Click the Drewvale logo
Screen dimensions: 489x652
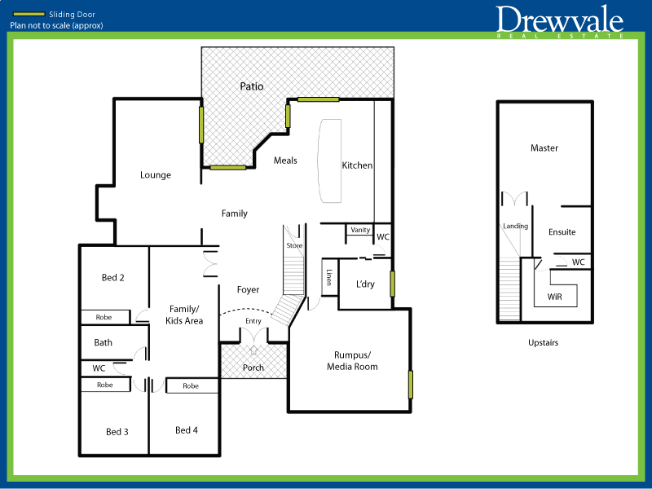(560, 20)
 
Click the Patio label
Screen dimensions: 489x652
(252, 86)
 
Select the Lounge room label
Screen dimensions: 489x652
(156, 174)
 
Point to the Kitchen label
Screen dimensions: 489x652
(357, 165)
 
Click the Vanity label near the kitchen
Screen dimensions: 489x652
(360, 230)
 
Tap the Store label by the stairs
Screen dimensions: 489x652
(294, 245)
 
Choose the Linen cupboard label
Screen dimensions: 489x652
(329, 277)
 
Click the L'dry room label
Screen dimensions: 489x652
(365, 284)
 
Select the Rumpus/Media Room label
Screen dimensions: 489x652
(351, 360)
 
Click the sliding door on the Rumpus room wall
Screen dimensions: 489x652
(412, 384)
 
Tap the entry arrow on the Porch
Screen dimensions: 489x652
(253, 350)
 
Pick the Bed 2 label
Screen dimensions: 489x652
(113, 277)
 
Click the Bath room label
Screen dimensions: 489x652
(104, 342)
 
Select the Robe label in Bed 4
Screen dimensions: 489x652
(191, 385)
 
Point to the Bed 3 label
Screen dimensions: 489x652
(117, 431)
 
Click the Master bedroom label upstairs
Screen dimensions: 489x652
(544, 148)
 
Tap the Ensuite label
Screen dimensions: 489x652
(562, 232)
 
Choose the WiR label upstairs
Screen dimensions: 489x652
(555, 297)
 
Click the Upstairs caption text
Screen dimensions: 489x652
(544, 343)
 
